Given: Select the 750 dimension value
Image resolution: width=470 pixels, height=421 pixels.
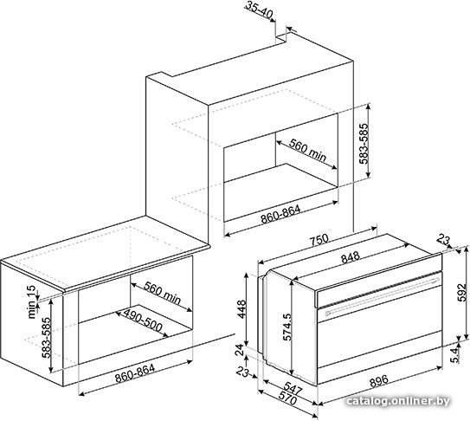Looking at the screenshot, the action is point(319,240).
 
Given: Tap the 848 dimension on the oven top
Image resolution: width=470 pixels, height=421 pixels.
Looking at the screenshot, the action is point(351,257).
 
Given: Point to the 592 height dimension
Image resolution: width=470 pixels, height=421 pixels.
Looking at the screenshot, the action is point(463,292).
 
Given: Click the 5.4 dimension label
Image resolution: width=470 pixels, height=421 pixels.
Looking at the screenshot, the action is point(454,355).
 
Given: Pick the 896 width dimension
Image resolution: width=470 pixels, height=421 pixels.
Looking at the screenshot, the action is point(379,381).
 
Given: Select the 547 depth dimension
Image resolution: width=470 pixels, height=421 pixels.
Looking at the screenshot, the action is point(293,388).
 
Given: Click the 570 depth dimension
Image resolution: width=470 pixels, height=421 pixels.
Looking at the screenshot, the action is point(287,398).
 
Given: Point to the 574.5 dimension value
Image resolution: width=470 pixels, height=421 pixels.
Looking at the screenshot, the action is point(287,327).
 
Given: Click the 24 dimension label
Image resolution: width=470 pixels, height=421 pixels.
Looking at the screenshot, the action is point(240,350).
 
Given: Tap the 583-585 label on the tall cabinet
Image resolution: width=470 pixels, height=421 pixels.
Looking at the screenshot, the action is point(364,144).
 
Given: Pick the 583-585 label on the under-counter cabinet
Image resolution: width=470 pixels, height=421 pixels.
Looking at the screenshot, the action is point(47,338).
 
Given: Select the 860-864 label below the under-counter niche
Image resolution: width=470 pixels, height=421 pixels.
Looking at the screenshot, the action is point(135,373).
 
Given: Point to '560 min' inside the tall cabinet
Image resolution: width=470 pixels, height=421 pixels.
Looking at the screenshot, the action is point(307,151).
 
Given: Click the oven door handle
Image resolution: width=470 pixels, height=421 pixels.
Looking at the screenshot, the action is point(383,296).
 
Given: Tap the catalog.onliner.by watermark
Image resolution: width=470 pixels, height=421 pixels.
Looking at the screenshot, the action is point(397,401).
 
